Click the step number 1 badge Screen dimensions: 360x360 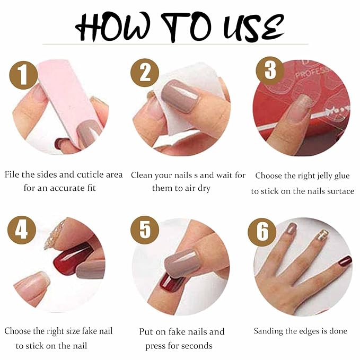(x=24, y=76)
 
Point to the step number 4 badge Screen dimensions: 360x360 (x=22, y=230)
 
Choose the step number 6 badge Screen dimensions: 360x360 (x=262, y=232)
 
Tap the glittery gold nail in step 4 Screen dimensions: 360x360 (x=55, y=234)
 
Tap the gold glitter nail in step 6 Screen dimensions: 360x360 (x=323, y=235)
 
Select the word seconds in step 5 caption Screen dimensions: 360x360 (x=193, y=346)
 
